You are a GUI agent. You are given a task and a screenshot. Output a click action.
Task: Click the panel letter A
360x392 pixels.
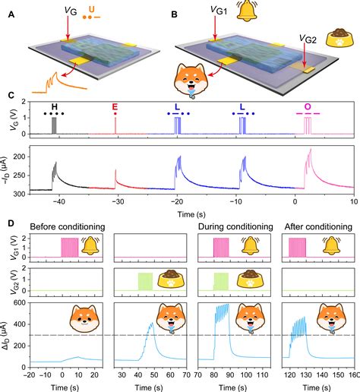click(11, 14)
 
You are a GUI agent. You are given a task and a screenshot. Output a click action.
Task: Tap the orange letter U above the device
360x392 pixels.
click(91, 9)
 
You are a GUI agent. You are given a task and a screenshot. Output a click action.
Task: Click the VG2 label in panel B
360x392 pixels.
click(308, 39)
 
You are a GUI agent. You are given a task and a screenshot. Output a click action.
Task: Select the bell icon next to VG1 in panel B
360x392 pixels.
click(247, 11)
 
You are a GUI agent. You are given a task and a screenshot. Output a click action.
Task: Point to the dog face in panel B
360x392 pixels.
click(191, 81)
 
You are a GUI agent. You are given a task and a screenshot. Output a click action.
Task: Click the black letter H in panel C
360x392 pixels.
click(54, 106)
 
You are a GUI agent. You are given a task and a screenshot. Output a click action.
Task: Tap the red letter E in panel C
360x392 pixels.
click(115, 106)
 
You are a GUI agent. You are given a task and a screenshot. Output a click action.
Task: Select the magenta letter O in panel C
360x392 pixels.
click(308, 106)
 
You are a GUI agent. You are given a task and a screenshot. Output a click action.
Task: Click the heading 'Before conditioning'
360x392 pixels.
click(68, 226)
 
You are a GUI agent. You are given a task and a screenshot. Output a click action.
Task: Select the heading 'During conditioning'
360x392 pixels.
click(235, 226)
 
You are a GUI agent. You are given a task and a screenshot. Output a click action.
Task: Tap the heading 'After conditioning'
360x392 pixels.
click(318, 226)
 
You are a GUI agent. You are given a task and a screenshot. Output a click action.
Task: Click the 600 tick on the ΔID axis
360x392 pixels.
click(21, 302)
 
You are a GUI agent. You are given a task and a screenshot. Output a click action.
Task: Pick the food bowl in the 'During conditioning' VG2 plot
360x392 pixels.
click(250, 279)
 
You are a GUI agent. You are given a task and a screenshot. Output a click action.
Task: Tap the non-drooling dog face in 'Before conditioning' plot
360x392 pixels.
click(84, 318)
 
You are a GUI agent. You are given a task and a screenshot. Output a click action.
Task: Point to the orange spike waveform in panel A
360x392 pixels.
click(59, 83)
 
